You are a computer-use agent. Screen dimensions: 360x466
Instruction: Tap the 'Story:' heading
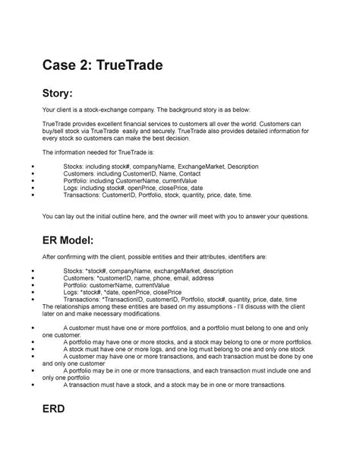point(64,95)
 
